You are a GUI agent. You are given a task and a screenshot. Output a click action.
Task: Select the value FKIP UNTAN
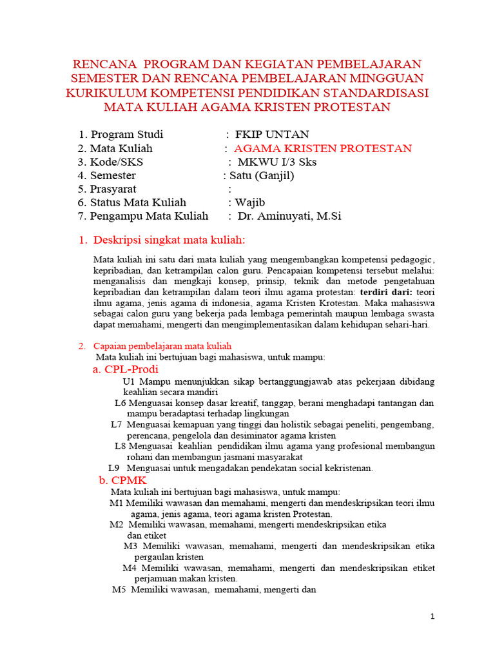[x=271, y=135]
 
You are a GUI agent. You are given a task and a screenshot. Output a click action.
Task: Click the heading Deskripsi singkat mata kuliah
[x=170, y=240]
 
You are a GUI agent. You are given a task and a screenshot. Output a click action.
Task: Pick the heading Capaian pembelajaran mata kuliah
[x=162, y=346]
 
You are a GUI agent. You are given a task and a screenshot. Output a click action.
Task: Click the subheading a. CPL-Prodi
[x=126, y=369]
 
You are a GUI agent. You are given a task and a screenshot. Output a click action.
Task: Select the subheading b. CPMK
[x=123, y=480]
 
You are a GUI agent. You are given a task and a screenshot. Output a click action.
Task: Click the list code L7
[x=116, y=425]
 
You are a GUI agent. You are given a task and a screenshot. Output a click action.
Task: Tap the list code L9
[x=114, y=468]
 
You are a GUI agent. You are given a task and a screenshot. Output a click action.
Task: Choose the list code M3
[x=131, y=546]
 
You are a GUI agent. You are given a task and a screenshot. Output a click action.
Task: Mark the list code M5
[x=119, y=589]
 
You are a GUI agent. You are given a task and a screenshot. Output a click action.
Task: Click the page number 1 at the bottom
[x=433, y=617]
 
